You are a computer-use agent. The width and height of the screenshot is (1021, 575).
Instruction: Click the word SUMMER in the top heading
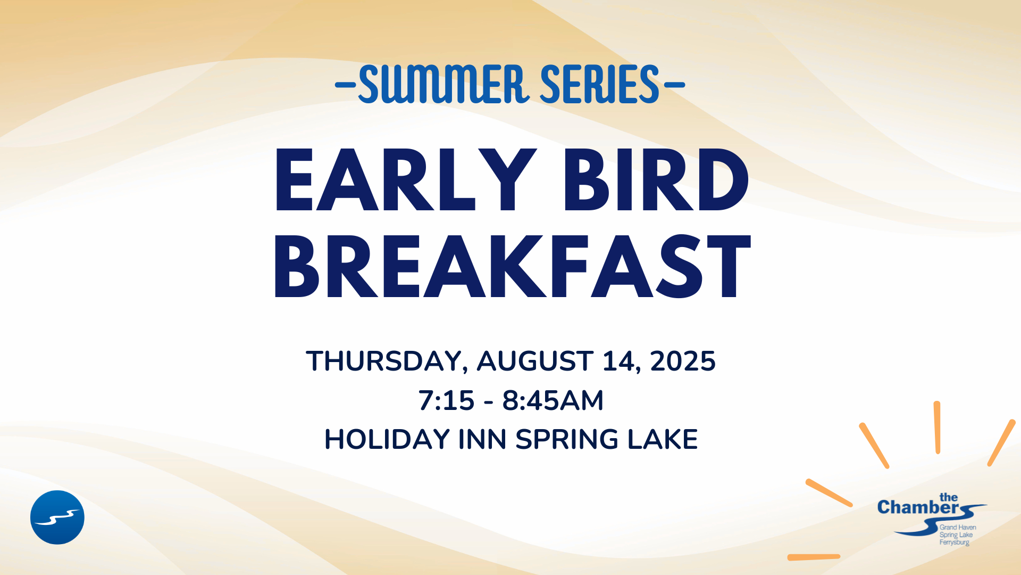pos(444,84)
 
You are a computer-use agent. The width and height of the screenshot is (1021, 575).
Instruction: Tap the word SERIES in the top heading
pos(600,84)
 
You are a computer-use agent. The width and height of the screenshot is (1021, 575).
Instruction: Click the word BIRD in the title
pos(656,180)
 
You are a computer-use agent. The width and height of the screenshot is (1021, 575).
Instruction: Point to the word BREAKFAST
pos(512,266)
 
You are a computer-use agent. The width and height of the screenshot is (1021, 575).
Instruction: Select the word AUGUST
pos(535,361)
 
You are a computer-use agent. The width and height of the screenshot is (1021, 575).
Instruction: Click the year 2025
pos(683,361)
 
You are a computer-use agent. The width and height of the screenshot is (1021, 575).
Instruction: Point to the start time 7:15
pos(446,400)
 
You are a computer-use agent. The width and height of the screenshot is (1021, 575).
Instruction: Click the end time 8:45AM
pos(553,400)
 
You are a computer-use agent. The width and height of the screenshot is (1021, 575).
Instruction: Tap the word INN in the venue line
pos(482,439)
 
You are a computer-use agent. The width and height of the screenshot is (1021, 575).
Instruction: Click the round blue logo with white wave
pos(57,517)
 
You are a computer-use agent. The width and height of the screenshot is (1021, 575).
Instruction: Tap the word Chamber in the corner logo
pos(918,507)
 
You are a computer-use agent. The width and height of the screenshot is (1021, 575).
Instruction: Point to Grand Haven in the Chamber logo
pos(958,528)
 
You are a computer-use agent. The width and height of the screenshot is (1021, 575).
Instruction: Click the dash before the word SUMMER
pos(346,85)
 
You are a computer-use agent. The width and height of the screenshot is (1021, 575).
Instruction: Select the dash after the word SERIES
pos(674,85)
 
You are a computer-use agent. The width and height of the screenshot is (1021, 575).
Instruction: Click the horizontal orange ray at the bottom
pos(814,557)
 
